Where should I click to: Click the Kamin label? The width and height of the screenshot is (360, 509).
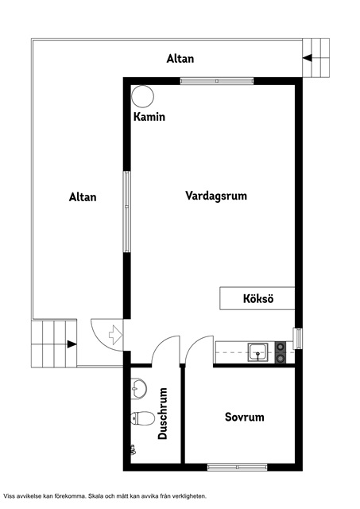[x=149, y=117]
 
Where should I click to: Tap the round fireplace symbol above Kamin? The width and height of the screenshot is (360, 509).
[x=144, y=96]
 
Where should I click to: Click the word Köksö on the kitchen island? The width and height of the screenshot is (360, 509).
[x=257, y=299]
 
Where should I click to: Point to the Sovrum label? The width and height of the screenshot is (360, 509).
[x=244, y=417]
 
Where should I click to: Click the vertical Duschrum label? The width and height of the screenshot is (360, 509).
[x=163, y=414]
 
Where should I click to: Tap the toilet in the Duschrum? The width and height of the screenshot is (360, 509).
[x=142, y=418]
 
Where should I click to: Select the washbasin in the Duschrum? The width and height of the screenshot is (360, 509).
[x=139, y=389]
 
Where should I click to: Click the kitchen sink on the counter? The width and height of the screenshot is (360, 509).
[x=257, y=352]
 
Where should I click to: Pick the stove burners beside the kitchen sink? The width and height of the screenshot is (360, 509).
[x=280, y=352]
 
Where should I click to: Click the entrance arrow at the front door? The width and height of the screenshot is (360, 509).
[x=114, y=335]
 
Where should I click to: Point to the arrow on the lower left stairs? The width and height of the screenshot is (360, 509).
[x=71, y=344]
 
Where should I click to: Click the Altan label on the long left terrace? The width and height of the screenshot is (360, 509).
[x=83, y=197]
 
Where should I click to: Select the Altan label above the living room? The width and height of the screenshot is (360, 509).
[x=180, y=59]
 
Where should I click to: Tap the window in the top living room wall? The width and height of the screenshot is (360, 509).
[x=216, y=80]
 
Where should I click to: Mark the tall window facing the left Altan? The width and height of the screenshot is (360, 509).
[x=126, y=212]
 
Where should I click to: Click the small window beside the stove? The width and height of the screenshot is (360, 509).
[x=298, y=338]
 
